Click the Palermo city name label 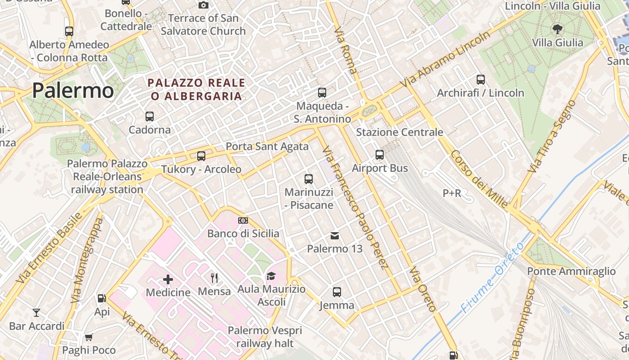coord(73,90)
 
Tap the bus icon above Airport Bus coord(380,155)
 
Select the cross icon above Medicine coord(168,279)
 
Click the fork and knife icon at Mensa coord(214,278)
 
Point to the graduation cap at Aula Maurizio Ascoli coord(271,276)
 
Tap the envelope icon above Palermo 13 coord(335,235)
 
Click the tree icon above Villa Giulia coord(558,30)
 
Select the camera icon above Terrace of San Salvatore coord(204,5)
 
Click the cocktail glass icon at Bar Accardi coord(36,312)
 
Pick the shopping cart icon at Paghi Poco coord(89,337)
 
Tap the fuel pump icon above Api coord(102,298)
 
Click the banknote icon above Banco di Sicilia coord(243,220)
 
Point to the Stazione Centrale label coord(399,132)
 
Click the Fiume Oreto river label coord(492,278)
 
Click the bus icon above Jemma coord(337,292)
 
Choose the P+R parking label coord(452,193)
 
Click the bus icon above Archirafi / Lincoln coord(481,80)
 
